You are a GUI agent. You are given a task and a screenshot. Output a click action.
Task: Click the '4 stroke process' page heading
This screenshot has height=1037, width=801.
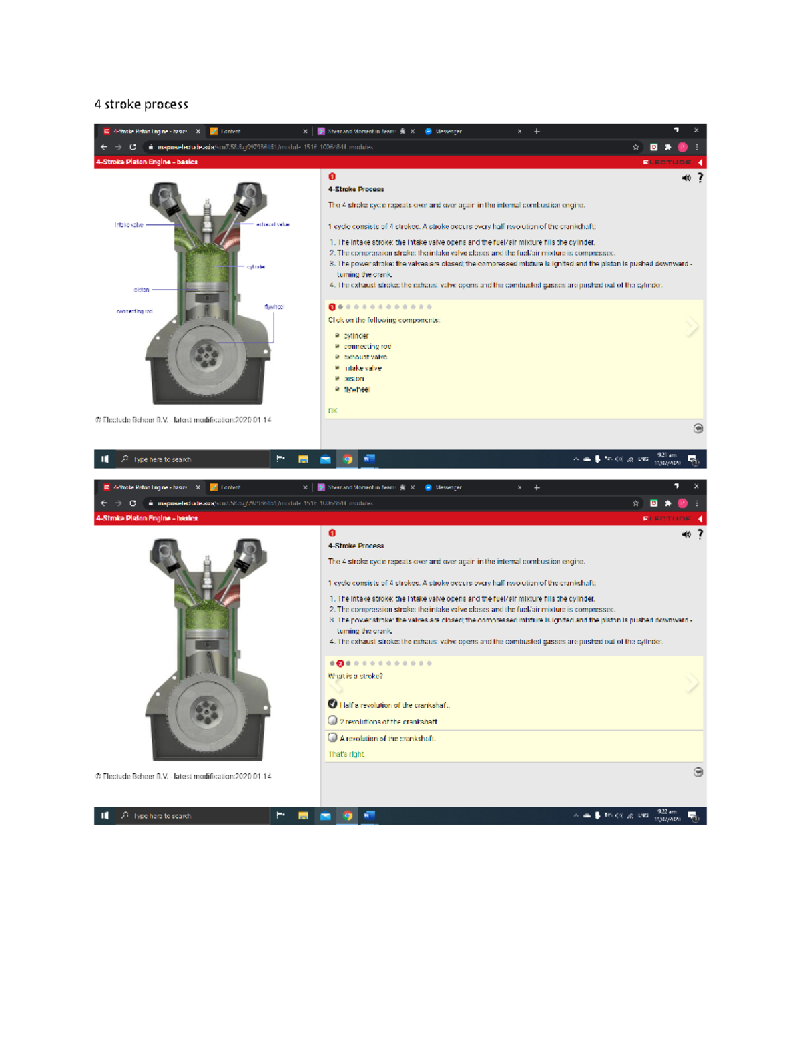click(141, 104)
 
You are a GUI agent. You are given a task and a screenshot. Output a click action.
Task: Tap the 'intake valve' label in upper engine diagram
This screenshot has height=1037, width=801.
click(129, 225)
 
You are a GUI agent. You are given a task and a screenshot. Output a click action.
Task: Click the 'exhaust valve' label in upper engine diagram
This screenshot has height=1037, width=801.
click(273, 224)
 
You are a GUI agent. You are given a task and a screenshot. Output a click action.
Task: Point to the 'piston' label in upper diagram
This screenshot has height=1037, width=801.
click(142, 290)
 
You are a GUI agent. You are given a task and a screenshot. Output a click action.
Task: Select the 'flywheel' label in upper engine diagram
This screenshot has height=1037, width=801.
click(274, 307)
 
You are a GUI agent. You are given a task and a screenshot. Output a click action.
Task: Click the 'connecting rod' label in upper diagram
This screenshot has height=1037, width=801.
click(134, 311)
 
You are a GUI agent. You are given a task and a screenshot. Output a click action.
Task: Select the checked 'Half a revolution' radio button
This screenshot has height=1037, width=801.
click(332, 704)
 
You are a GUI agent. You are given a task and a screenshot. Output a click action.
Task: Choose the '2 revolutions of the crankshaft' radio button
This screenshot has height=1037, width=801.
click(332, 720)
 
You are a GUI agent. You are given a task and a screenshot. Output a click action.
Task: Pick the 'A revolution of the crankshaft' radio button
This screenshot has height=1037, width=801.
click(332, 737)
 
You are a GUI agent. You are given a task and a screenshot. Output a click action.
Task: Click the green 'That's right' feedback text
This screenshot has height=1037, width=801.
click(346, 754)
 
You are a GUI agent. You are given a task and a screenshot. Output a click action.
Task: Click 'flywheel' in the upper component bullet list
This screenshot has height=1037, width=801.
click(356, 389)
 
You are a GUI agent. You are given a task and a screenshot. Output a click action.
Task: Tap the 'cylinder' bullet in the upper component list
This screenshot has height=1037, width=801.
click(356, 336)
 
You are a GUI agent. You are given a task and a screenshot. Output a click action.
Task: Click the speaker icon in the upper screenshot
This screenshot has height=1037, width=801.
click(686, 178)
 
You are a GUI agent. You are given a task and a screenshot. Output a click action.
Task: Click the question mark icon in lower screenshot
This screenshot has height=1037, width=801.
click(700, 534)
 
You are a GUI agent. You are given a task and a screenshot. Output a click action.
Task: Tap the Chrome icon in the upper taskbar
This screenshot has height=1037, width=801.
click(348, 459)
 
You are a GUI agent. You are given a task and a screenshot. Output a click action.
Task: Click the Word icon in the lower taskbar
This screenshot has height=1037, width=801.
click(369, 815)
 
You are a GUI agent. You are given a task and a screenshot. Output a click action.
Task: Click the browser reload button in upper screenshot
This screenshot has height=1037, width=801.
click(133, 147)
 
